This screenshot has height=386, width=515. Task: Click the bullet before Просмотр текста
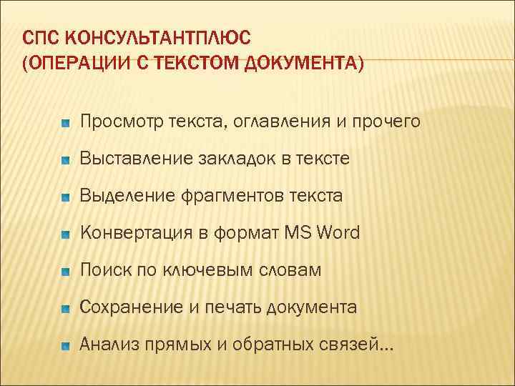pyautogui.click(x=65, y=123)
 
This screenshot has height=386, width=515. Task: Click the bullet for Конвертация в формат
pyautogui.click(x=65, y=234)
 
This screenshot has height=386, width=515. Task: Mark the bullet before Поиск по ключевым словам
pyautogui.click(x=65, y=272)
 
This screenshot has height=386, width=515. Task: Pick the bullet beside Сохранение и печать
pyautogui.click(x=65, y=309)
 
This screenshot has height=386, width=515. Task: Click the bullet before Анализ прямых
pyautogui.click(x=65, y=346)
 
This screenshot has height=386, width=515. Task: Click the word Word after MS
pyautogui.click(x=338, y=233)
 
